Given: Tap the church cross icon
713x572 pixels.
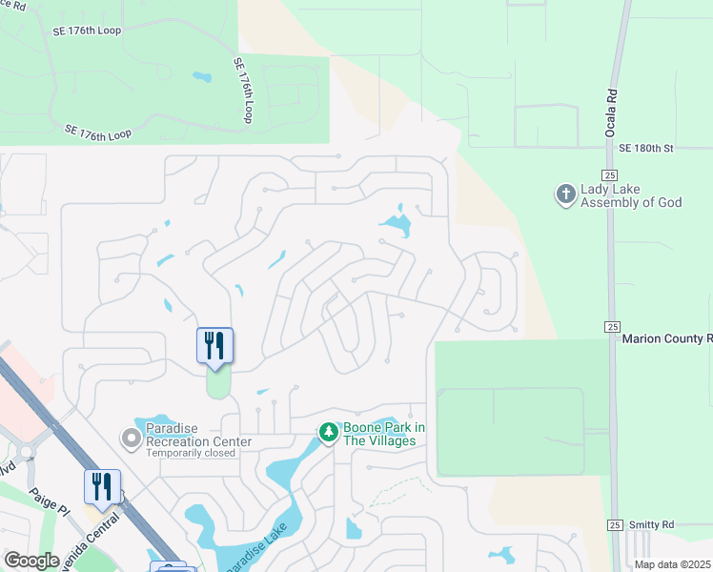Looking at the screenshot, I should click(x=565, y=194).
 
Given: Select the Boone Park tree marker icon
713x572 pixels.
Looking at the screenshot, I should click(x=328, y=434).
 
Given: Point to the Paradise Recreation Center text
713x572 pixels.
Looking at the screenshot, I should click(x=199, y=441).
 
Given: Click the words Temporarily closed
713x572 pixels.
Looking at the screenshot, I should click(x=191, y=454).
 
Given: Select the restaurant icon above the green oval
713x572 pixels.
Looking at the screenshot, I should click(x=214, y=344).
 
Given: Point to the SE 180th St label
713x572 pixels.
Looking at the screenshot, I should click(x=645, y=149).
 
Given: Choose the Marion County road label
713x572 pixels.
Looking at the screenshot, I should click(x=666, y=338).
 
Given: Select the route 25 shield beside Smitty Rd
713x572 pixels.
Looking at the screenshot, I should click(x=614, y=525).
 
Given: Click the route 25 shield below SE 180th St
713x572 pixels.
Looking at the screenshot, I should click(x=607, y=174).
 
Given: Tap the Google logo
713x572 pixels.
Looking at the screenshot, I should click(x=31, y=561).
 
